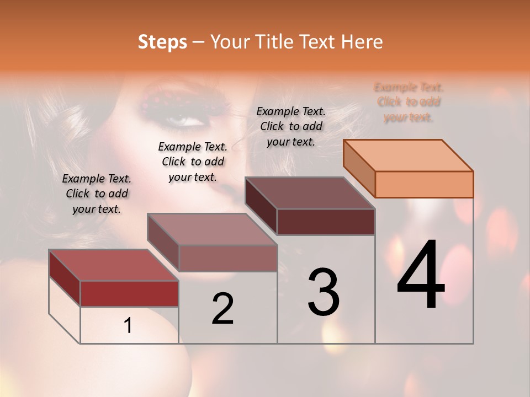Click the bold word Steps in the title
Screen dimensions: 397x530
[x=162, y=42]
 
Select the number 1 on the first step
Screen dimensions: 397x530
[x=128, y=326]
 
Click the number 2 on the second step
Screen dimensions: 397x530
[x=222, y=309]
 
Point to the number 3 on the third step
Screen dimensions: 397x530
[x=324, y=292]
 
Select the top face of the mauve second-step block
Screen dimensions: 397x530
[x=212, y=229]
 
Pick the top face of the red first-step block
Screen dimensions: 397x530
[x=114, y=265]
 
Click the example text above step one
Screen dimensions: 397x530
[x=97, y=194]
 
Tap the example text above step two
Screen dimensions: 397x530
[x=193, y=162]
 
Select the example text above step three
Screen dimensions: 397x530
[x=291, y=126]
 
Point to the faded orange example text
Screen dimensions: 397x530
[x=409, y=102]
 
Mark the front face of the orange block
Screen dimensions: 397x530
[x=424, y=184]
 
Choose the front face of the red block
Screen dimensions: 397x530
[x=129, y=293]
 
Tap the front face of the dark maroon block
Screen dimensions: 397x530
[x=326, y=222]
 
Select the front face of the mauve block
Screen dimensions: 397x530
[x=227, y=258]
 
